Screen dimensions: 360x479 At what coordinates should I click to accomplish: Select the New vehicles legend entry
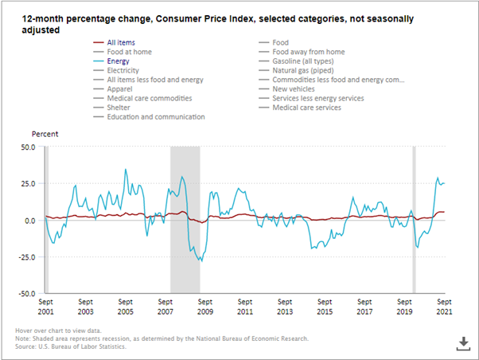(x=296, y=89)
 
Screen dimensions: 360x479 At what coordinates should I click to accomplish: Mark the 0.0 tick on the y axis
(x=30, y=220)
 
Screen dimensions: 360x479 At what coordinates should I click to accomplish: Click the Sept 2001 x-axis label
(x=46, y=307)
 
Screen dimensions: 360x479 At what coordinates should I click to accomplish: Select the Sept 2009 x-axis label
(x=205, y=307)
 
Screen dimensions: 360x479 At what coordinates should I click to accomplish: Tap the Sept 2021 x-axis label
(x=445, y=307)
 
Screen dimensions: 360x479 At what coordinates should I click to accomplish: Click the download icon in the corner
(x=462, y=342)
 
